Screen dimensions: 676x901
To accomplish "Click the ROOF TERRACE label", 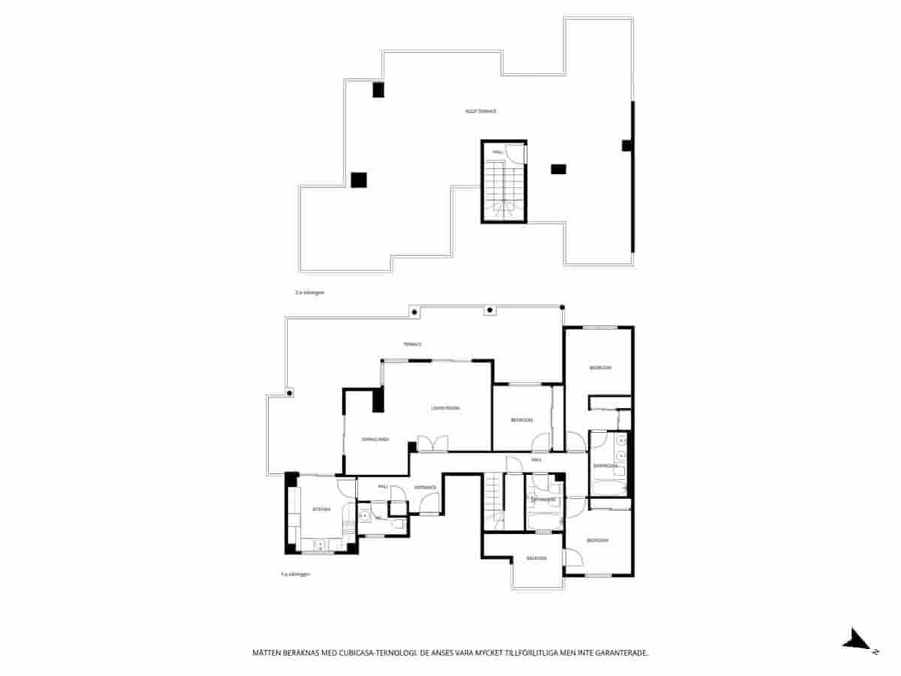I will pyautogui.click(x=481, y=111).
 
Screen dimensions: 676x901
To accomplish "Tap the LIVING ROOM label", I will pyautogui.click(x=445, y=408).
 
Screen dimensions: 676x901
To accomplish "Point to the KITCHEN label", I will pyautogui.click(x=321, y=509).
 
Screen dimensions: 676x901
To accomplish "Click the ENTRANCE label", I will pyautogui.click(x=426, y=487).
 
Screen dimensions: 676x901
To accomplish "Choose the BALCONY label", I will pyautogui.click(x=536, y=558).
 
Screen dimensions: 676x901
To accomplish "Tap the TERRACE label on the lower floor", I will pyautogui.click(x=412, y=344).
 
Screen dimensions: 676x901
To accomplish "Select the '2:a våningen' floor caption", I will pyautogui.click(x=309, y=291).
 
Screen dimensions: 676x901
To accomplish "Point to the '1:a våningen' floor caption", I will pyautogui.click(x=295, y=574).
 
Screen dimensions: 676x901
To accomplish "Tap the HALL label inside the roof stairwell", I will pyautogui.click(x=497, y=152).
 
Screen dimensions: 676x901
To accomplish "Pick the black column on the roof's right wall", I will pyautogui.click(x=626, y=146).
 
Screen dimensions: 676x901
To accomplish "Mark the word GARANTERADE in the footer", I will pyautogui.click(x=622, y=653).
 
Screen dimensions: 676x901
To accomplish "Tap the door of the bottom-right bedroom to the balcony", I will pyautogui.click(x=572, y=557).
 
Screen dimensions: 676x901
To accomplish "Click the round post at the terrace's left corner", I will pyautogui.click(x=290, y=392).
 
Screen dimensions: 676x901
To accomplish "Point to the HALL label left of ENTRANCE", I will pyautogui.click(x=383, y=487).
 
